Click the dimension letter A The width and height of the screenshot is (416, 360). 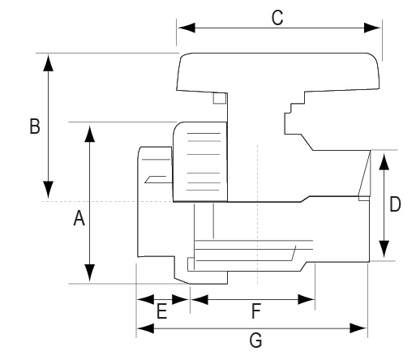pos(79,218)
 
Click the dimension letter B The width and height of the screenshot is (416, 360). pos(35,126)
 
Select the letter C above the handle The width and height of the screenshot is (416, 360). pos(277,18)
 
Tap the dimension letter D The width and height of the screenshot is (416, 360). pos(395,204)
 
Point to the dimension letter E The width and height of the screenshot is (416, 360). pos(162,311)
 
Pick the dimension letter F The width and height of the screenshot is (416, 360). pos(256,311)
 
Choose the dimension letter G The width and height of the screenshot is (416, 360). pos(255,340)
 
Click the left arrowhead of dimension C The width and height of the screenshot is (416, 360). pos(187,28)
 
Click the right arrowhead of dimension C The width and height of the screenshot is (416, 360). pos(372,28)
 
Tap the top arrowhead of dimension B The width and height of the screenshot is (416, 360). pos(49,62)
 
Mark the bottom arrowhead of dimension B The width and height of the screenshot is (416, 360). pos(49,190)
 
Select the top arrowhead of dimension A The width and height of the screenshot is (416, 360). pos(90,133)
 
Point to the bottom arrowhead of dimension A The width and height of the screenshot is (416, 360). pos(90,273)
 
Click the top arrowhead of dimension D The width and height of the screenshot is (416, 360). pos(384,161)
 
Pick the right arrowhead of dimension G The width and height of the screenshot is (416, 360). pos(358,328)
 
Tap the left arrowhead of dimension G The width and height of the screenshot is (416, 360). pos(146,328)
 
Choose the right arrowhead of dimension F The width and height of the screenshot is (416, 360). pos(307,299)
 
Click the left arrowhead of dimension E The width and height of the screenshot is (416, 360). pos(145,299)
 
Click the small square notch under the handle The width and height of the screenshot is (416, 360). pos(220,98)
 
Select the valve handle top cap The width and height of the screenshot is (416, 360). pos(278,71)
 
